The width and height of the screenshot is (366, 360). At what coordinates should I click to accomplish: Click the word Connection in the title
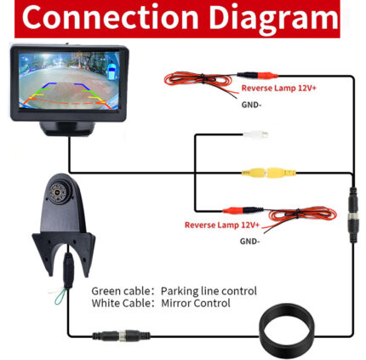[110, 17]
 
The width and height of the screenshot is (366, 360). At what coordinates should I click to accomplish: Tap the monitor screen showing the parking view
[69, 81]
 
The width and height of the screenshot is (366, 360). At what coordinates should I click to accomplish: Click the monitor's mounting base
[67, 129]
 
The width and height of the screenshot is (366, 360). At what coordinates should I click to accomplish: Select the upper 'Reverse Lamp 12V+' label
[278, 88]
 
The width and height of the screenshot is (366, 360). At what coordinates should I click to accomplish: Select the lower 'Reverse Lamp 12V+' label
[222, 225]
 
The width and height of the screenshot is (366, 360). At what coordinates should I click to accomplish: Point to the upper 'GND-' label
[251, 105]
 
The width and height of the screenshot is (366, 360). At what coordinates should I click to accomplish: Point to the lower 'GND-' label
[249, 242]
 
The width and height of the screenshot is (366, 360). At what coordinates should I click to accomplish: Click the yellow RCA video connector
[269, 172]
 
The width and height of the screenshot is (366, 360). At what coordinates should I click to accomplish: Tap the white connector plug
[255, 134]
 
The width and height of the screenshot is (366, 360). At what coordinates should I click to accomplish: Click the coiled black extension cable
[287, 331]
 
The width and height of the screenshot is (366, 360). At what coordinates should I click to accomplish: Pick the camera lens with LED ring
[58, 192]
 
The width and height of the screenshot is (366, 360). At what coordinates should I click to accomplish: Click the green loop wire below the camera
[60, 297]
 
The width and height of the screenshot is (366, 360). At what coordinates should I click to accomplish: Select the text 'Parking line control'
[209, 291]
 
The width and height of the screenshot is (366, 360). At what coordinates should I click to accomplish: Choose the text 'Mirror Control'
[196, 303]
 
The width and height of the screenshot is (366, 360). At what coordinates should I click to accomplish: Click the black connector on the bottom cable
[121, 335]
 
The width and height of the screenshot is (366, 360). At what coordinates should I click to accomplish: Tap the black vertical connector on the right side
[353, 215]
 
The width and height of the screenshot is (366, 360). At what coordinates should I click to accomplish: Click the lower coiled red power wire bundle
[302, 214]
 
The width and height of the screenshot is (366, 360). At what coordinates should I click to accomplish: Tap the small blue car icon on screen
[112, 71]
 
